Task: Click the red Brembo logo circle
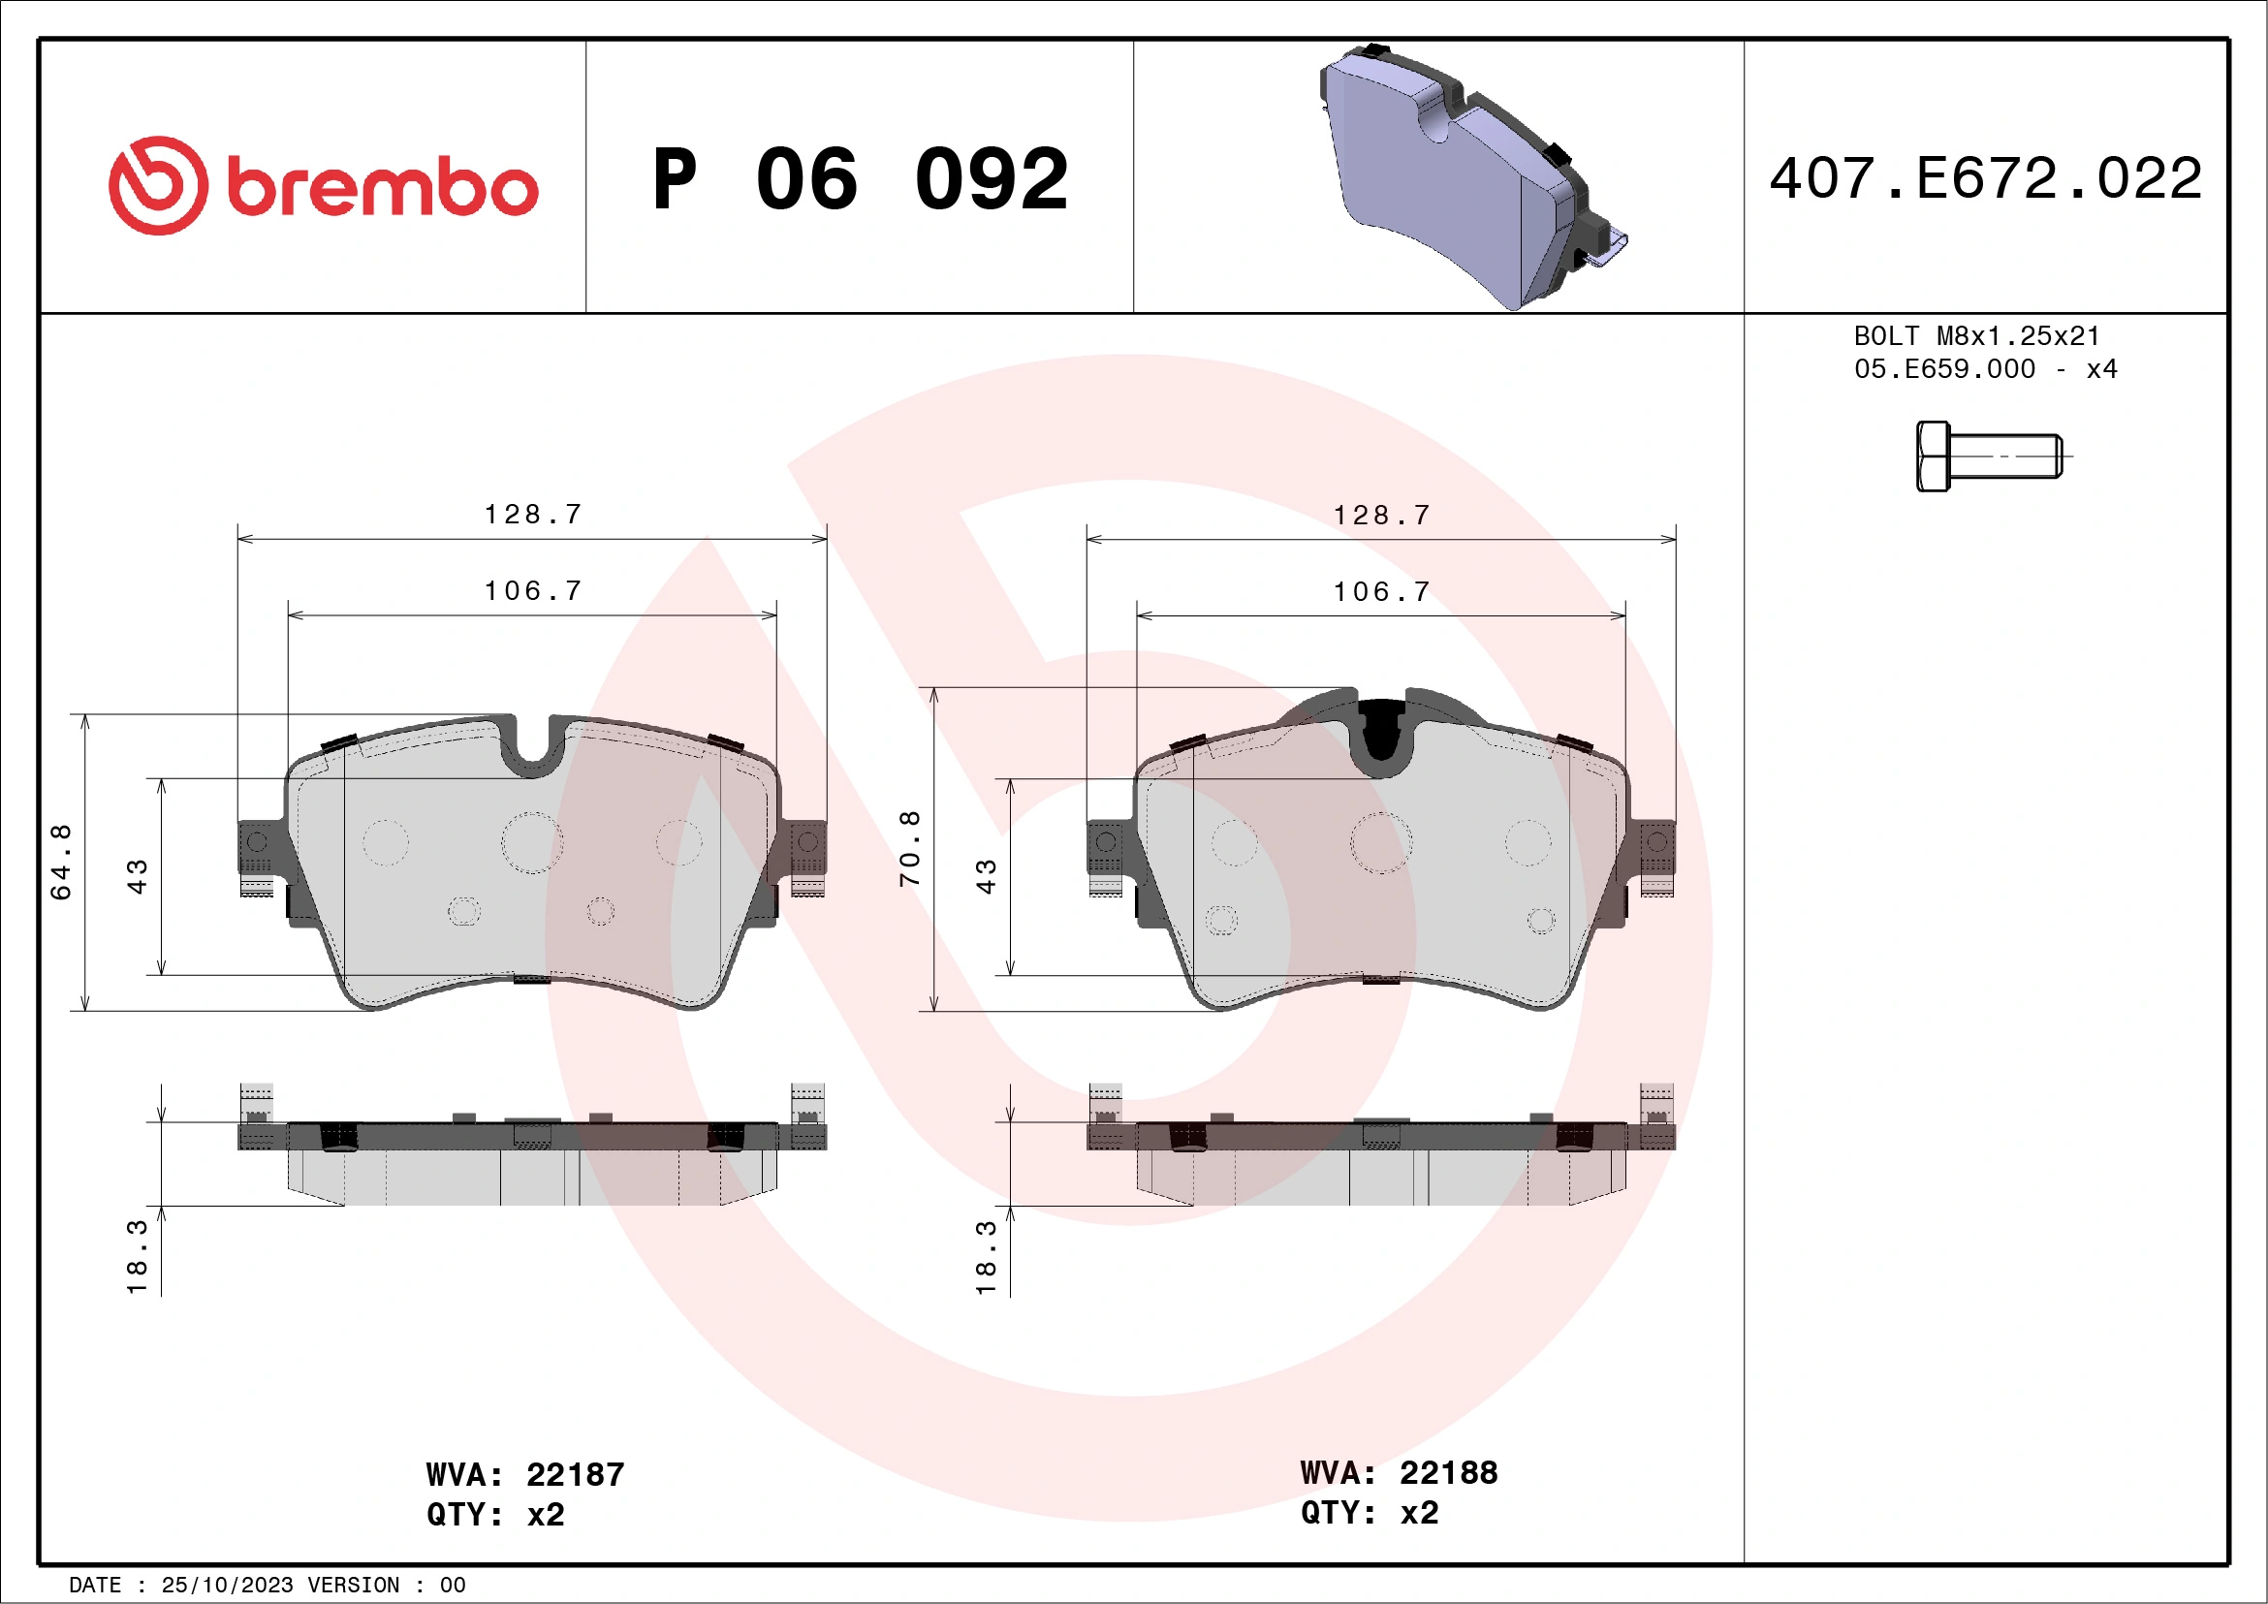click(x=158, y=186)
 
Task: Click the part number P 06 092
click(x=860, y=179)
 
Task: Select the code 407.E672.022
click(x=1986, y=178)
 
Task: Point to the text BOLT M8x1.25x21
click(x=1975, y=335)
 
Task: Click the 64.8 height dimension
click(x=61, y=862)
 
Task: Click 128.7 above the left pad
click(x=533, y=515)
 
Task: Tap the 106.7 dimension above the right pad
click(x=1382, y=591)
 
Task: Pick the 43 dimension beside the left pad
click(x=138, y=876)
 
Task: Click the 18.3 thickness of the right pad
click(x=986, y=1256)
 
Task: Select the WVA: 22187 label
click(x=524, y=1474)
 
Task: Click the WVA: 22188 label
click(x=1398, y=1472)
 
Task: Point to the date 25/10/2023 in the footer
click(x=227, y=1586)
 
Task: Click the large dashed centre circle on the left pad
click(x=532, y=842)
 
